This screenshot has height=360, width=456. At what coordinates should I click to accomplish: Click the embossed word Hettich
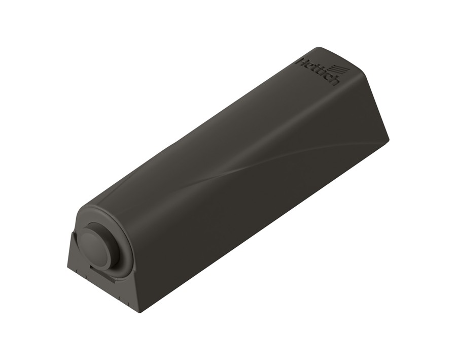[x=317, y=71]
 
